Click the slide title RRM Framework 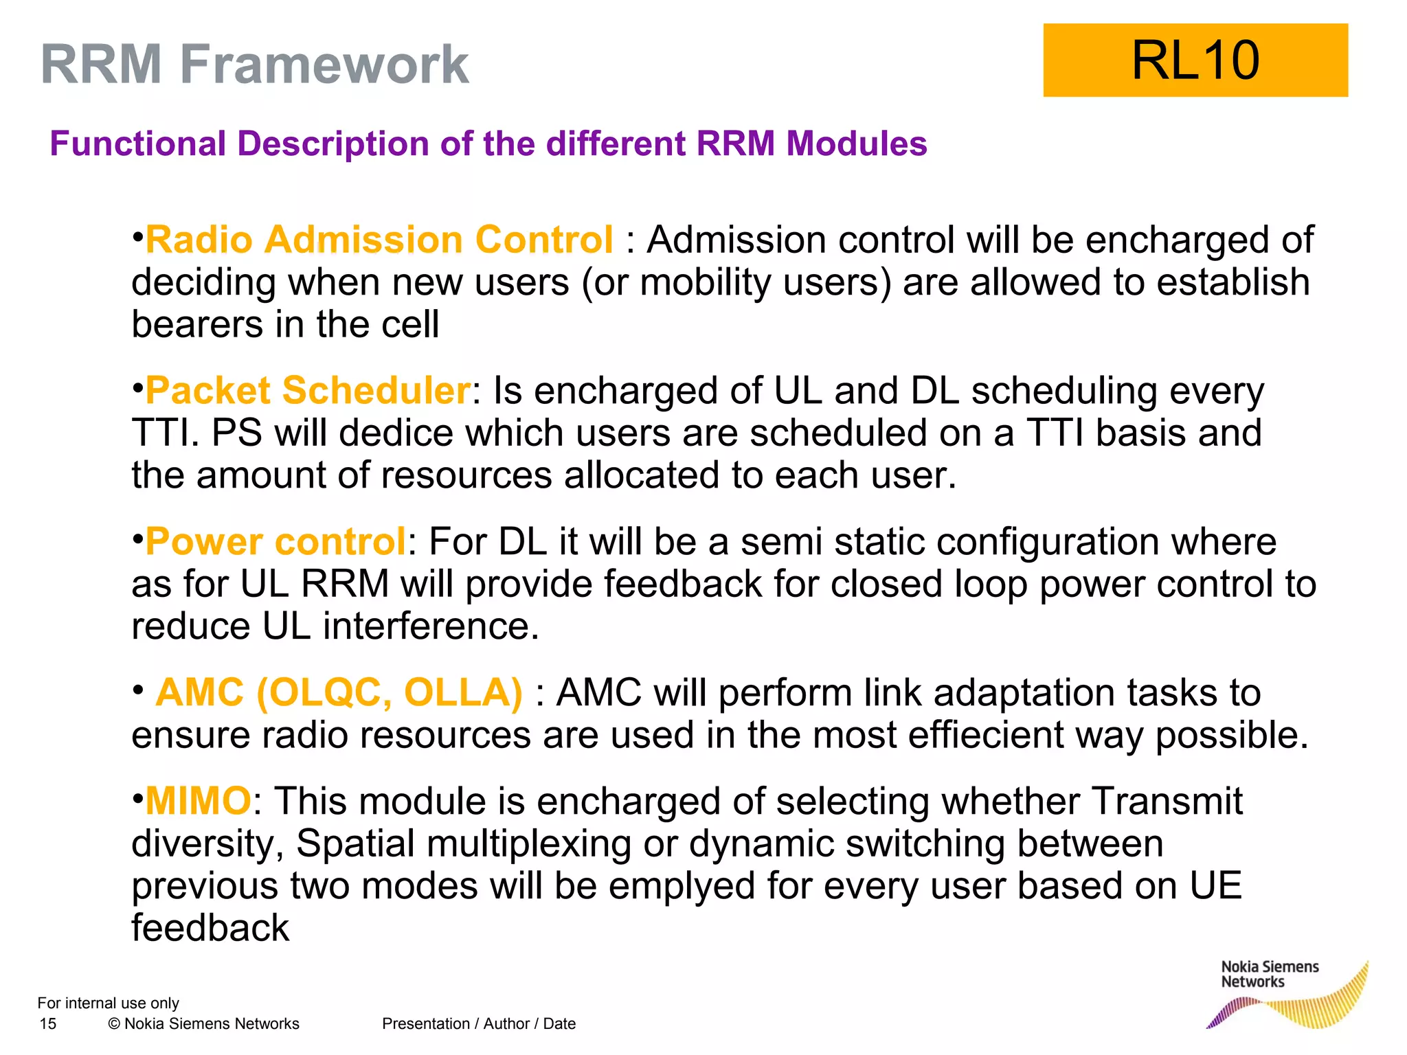(254, 64)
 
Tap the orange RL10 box (1195, 60)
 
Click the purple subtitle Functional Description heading (488, 144)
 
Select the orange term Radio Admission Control (379, 240)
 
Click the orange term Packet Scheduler (308, 390)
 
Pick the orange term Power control (275, 541)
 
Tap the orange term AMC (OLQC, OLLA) (339, 692)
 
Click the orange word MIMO (198, 801)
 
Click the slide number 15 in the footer (48, 1024)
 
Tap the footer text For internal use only (108, 1003)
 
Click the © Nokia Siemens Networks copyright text (204, 1024)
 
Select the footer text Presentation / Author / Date (478, 1024)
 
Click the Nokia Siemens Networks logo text (1269, 974)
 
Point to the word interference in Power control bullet (431, 626)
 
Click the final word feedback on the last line (210, 928)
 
